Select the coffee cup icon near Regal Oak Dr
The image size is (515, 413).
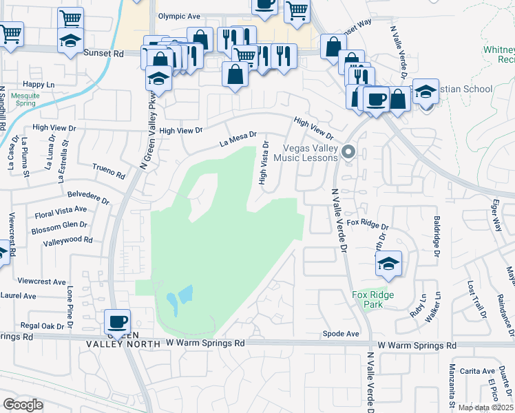point(117,321)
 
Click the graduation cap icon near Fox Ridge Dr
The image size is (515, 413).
point(389,263)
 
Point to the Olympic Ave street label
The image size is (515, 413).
point(178,16)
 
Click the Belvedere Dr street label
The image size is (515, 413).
point(88,197)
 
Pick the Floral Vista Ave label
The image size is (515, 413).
point(61,212)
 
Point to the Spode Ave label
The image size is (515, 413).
point(341,334)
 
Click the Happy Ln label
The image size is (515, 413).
point(38,84)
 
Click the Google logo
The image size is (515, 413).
point(23,404)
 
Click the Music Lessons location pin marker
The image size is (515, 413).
point(349,151)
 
